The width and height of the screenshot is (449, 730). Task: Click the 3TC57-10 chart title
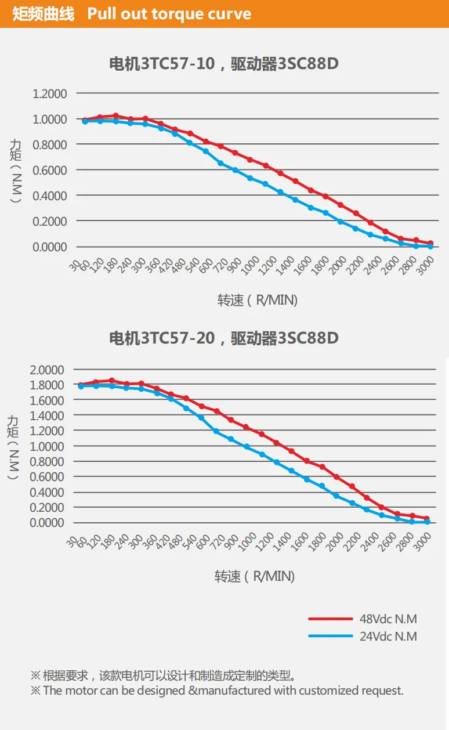click(x=224, y=64)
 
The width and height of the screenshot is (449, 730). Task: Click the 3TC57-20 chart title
click(x=224, y=338)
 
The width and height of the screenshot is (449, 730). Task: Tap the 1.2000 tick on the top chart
click(x=49, y=94)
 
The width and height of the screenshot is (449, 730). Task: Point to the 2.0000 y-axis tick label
click(x=47, y=370)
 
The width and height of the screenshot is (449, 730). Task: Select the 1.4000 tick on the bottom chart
click(x=47, y=416)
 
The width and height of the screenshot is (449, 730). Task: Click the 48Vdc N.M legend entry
click(x=363, y=619)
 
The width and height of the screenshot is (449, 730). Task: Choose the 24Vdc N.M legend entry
click(x=363, y=636)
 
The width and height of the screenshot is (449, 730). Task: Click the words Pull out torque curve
click(x=169, y=15)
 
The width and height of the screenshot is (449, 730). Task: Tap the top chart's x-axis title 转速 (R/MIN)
click(x=258, y=300)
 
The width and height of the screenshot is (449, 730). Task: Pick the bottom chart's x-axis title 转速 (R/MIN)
click(x=255, y=576)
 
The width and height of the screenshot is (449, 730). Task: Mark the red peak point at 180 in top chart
click(x=115, y=115)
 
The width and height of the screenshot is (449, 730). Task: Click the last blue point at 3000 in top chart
click(x=430, y=247)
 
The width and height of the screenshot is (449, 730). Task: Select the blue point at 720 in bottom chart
click(x=216, y=432)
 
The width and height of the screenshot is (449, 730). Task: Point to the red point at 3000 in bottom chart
click(x=427, y=518)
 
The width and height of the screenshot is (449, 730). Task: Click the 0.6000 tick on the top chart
click(x=49, y=171)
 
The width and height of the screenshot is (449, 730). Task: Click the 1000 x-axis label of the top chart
click(x=250, y=265)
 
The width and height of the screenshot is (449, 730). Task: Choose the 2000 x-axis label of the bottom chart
click(x=335, y=541)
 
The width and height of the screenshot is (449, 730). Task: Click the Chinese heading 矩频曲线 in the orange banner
click(x=44, y=15)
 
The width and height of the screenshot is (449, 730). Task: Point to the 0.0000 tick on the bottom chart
click(x=47, y=523)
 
